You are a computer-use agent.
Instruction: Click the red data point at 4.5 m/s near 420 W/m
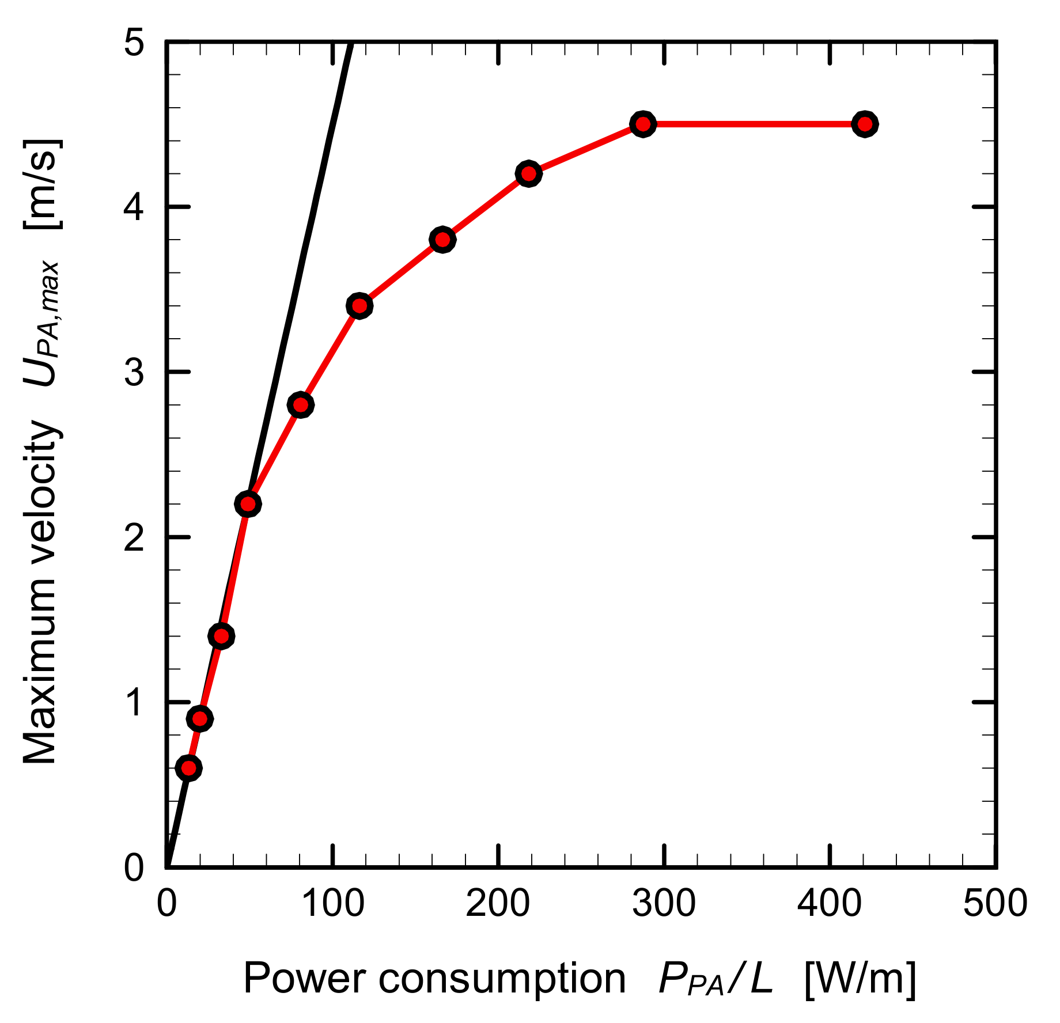pos(864,124)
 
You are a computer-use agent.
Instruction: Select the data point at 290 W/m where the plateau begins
pos(643,124)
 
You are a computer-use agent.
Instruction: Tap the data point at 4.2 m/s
pos(528,173)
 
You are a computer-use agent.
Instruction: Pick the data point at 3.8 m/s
pos(442,240)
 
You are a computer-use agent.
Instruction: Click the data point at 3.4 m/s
pos(359,306)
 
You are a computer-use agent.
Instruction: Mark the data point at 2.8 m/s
pos(300,405)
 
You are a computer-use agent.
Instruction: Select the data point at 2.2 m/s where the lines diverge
pos(248,504)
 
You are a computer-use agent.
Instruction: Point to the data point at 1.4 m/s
pos(221,636)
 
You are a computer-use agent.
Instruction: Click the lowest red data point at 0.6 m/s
pos(188,768)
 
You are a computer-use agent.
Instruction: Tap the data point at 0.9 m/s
pos(200,718)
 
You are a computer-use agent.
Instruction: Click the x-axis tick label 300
pos(664,903)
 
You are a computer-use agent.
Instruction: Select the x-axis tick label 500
pos(995,903)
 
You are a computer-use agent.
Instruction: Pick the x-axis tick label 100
pos(332,903)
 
